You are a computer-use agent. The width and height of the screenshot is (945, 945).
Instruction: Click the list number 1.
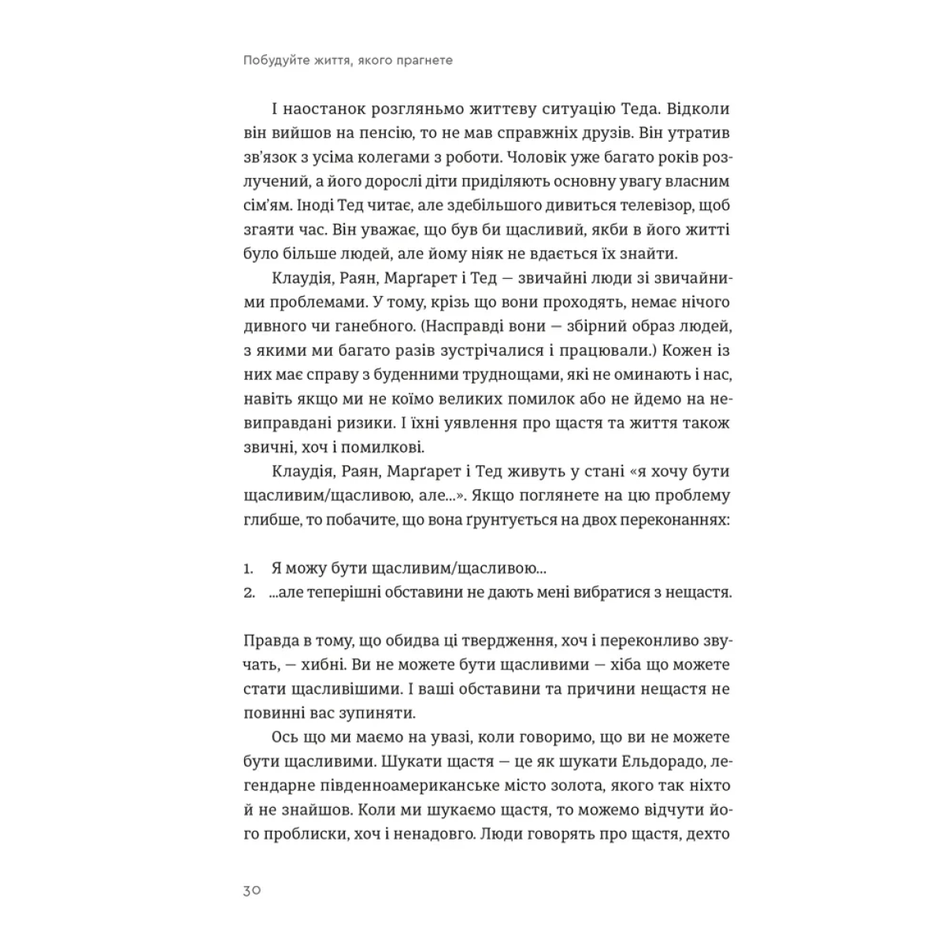[247, 568]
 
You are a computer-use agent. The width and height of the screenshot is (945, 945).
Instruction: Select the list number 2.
[249, 592]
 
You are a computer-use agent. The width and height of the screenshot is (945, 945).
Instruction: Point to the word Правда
[269, 640]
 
